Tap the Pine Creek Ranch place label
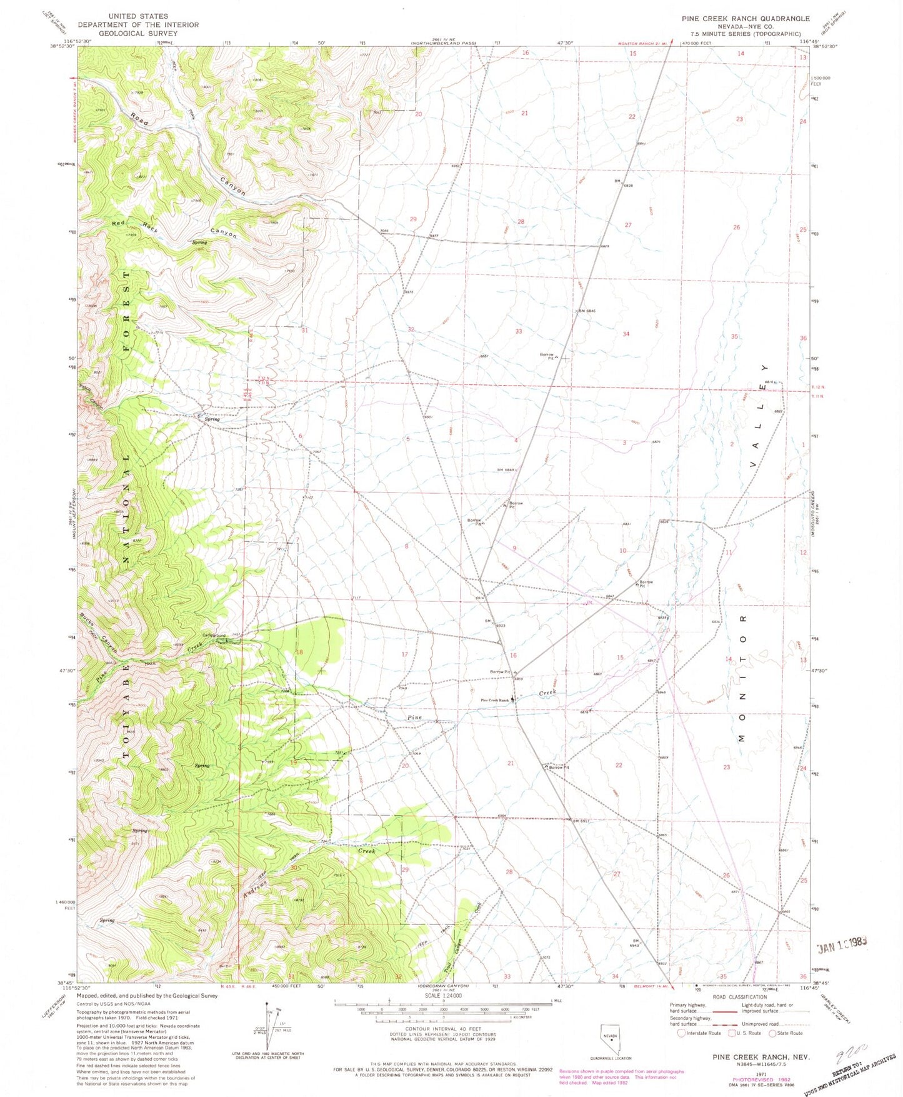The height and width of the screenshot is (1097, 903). [495, 700]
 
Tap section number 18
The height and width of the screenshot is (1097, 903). [299, 652]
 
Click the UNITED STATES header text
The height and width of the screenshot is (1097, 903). [137, 16]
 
